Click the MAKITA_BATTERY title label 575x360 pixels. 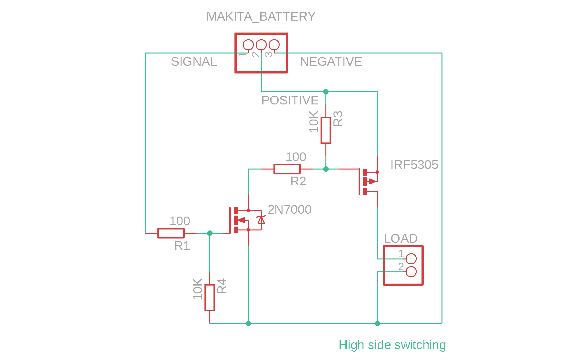261,16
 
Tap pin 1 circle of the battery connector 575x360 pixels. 248,45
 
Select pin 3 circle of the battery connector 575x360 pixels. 274,45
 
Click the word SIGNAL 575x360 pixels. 193,62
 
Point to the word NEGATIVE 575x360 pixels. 331,62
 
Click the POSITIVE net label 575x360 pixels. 290,100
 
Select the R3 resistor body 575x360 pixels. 326,130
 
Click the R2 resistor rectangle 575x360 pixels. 287,169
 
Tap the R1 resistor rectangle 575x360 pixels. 171,233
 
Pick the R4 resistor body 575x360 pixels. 210,297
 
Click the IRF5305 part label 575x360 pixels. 414,165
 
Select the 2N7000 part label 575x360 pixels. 290,209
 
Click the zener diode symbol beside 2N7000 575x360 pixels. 261,220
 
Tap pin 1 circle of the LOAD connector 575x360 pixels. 411,258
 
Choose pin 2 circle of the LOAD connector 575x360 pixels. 411,272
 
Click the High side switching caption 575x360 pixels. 392,345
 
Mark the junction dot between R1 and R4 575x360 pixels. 210,233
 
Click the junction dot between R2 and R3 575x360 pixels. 326,169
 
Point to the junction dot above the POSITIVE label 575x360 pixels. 326,92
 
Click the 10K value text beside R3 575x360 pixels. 314,122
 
